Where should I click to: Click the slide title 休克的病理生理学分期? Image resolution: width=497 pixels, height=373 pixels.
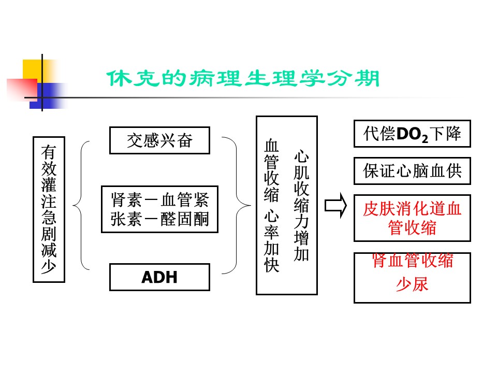tap(243, 79)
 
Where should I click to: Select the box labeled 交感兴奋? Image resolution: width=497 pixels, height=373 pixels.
tap(159, 140)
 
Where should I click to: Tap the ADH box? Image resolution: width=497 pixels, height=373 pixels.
tap(159, 277)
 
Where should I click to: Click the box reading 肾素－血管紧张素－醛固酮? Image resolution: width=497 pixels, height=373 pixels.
tap(159, 209)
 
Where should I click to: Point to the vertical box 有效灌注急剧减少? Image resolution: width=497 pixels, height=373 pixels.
tap(49, 209)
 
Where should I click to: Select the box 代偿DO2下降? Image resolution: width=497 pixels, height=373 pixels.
tap(412, 135)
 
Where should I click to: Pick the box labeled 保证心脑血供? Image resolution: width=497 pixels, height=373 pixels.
tap(412, 171)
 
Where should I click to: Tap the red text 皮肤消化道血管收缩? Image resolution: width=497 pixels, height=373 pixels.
tap(412, 218)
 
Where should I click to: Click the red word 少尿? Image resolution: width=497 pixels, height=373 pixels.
tap(412, 284)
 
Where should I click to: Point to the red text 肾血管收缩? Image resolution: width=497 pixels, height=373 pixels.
tap(412, 261)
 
